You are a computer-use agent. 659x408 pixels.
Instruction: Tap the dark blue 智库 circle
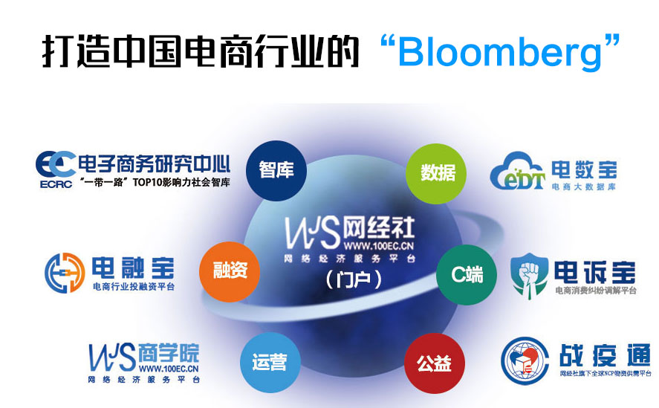click(x=276, y=169)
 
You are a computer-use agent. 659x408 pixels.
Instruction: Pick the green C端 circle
click(x=467, y=274)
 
